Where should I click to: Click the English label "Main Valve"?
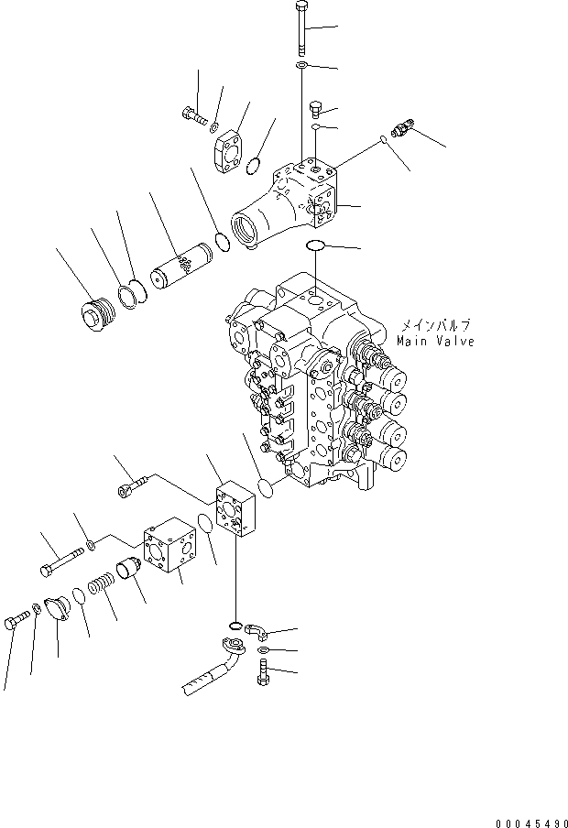point(435,341)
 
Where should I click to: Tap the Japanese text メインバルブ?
point(436,325)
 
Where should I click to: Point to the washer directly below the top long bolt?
point(301,65)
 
